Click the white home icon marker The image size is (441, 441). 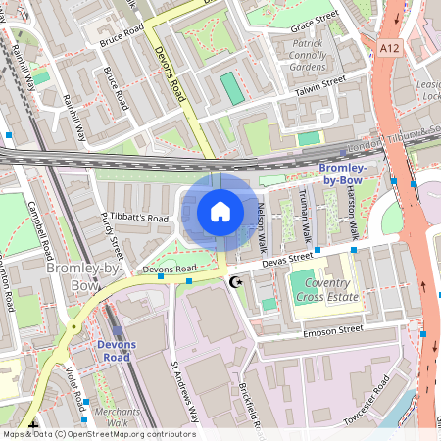(220, 212)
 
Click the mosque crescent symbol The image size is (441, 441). (233, 282)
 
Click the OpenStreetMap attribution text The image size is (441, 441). (98, 434)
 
